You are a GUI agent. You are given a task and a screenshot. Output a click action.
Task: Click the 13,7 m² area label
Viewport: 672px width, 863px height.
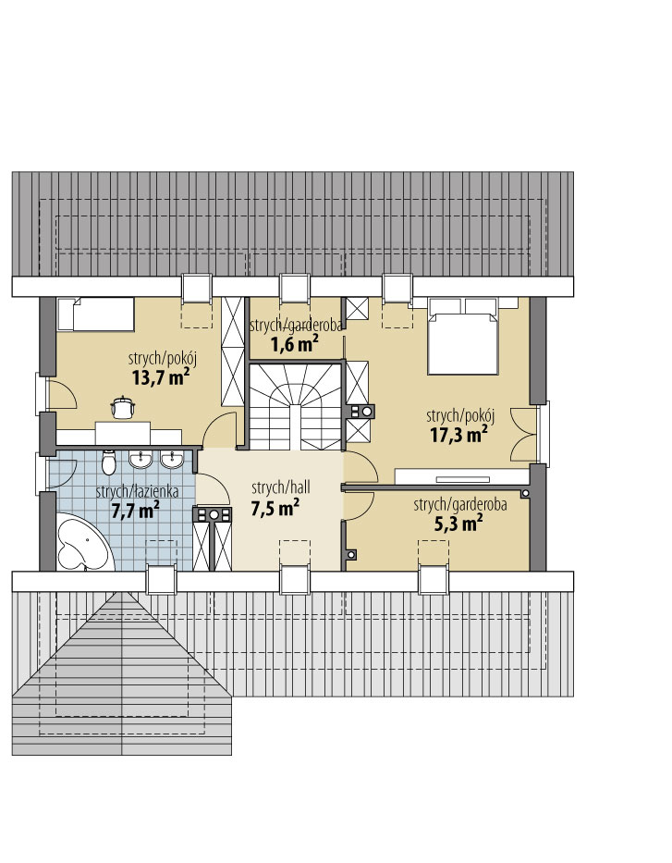pos(161,377)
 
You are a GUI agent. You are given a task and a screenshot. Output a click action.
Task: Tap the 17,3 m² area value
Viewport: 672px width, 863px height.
pos(458,434)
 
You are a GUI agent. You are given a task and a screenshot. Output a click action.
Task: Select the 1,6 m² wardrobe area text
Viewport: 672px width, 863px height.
pos(294,344)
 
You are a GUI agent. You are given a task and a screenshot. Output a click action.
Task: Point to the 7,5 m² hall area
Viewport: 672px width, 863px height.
pos(275,507)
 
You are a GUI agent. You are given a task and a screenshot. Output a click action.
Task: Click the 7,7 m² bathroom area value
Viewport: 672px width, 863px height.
pos(135,510)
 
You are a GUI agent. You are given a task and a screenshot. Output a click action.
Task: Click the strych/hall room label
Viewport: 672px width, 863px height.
pos(280,487)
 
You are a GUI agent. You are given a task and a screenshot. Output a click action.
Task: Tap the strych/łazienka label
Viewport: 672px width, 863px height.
pos(137,491)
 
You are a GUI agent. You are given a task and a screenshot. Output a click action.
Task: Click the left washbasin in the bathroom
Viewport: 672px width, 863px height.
pos(141,460)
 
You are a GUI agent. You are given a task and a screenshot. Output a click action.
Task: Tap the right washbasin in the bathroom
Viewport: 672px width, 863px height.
pos(172,460)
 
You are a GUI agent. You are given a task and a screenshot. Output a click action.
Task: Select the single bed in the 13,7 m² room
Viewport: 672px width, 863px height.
pos(96,314)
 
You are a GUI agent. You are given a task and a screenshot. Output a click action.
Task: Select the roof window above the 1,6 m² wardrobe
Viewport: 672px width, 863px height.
pos(295,288)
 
